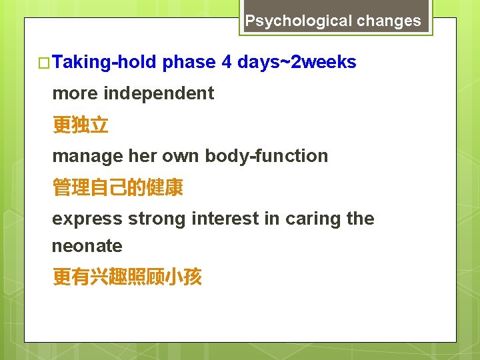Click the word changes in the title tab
point(389,21)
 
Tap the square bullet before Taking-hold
point(45,63)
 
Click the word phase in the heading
point(189,63)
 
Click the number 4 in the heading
point(227,63)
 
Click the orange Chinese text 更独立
point(80,125)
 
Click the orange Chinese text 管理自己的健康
point(117,188)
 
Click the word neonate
point(87,246)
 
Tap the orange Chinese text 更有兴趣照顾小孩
point(127,277)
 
